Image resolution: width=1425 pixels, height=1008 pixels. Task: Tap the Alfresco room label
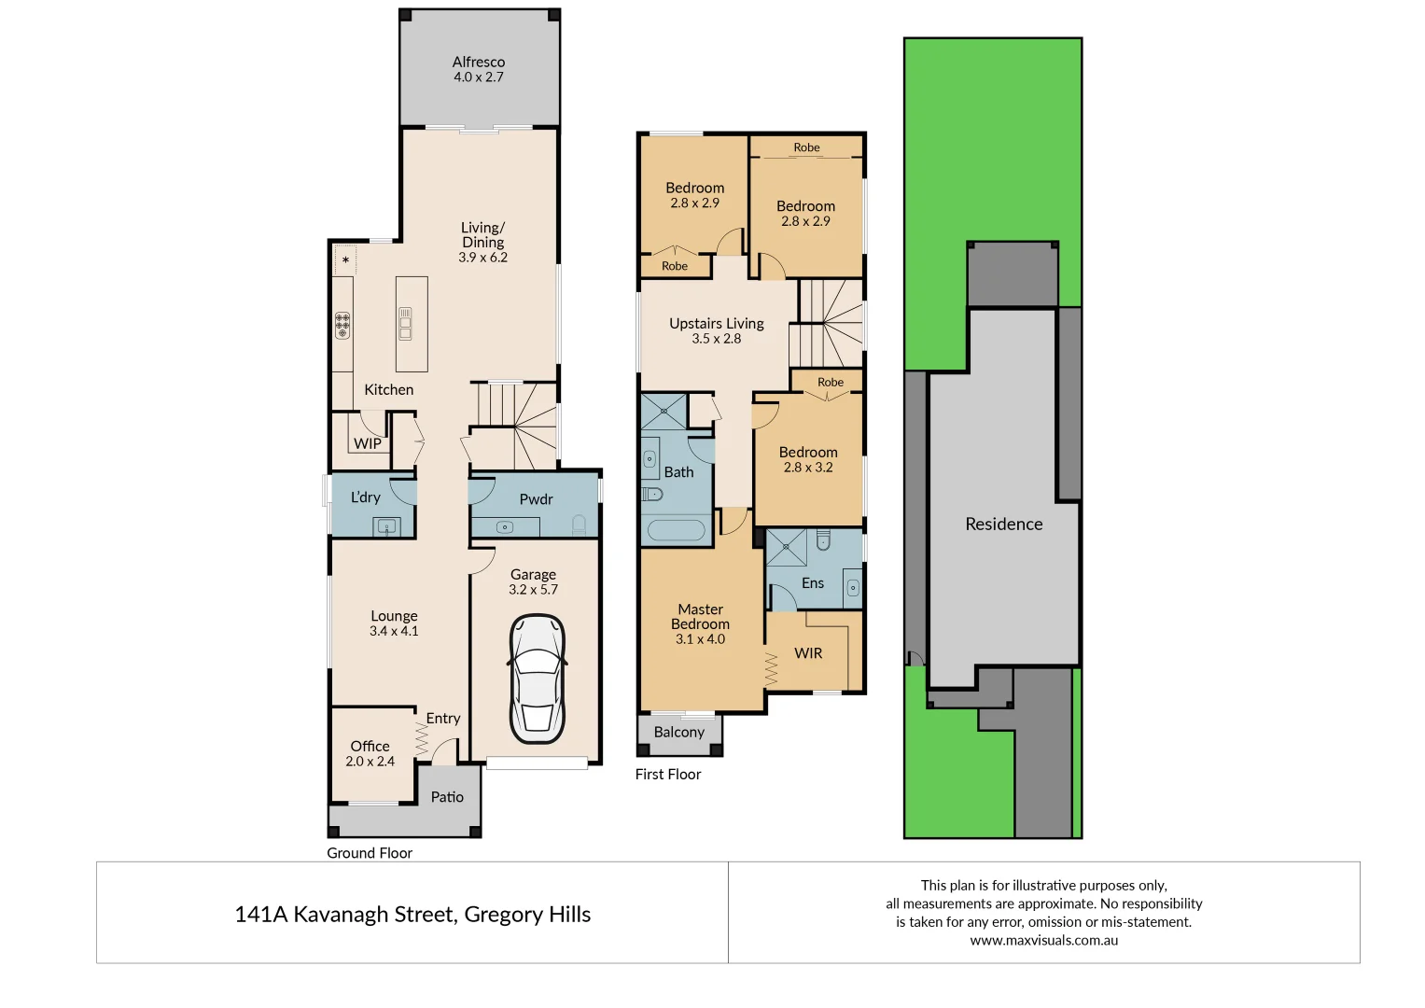click(x=479, y=63)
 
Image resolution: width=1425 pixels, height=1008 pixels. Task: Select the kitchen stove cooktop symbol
click(x=342, y=325)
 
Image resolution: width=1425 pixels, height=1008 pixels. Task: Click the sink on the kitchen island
click(x=406, y=323)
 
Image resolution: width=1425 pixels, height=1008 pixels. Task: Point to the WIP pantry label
click(x=368, y=444)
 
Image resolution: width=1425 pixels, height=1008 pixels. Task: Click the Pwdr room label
click(x=536, y=499)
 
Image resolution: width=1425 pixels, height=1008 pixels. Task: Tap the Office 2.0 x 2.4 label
click(x=370, y=753)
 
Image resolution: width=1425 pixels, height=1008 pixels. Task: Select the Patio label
click(x=447, y=797)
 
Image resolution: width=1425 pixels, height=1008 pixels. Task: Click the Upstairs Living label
click(x=716, y=324)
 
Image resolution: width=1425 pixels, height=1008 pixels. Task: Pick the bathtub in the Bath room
click(x=676, y=530)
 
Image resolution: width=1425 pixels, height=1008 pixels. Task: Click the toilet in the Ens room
click(x=822, y=540)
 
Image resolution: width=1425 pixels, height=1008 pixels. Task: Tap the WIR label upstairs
click(x=808, y=653)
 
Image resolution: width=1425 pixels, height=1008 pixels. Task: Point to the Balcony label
click(x=678, y=733)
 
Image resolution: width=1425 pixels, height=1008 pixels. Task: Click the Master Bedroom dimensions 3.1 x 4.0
click(x=700, y=639)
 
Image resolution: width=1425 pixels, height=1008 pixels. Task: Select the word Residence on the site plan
click(x=1003, y=525)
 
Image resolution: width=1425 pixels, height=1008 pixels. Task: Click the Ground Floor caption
click(x=370, y=853)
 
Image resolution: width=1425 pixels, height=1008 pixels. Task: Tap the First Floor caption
click(x=667, y=775)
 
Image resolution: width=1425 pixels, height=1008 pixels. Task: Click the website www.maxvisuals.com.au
click(x=1043, y=941)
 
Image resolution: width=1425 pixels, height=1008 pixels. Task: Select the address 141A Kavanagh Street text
click(x=412, y=915)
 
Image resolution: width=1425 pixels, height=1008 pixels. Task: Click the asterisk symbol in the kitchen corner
click(x=346, y=260)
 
